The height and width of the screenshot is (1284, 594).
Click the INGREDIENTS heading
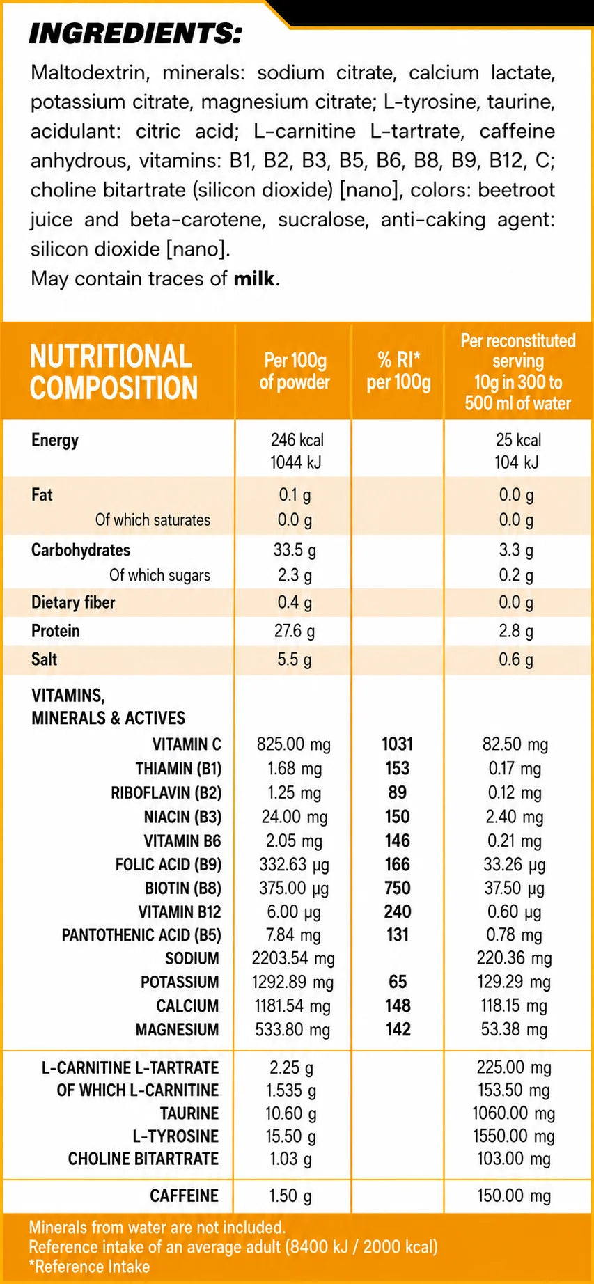click(x=135, y=33)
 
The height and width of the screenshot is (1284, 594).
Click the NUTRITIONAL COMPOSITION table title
click(x=114, y=372)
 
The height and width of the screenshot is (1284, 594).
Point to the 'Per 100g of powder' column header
click(x=295, y=370)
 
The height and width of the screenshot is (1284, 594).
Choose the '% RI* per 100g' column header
click(x=398, y=370)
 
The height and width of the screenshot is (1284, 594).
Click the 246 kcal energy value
click(x=297, y=439)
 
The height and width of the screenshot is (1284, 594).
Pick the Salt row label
click(x=45, y=659)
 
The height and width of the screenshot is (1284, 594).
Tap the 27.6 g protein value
click(x=295, y=631)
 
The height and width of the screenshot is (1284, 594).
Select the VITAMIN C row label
click(x=187, y=744)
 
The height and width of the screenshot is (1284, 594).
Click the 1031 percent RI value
click(x=398, y=744)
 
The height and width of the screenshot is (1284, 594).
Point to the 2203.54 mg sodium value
click(x=293, y=958)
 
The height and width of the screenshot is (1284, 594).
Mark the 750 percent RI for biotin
click(x=398, y=888)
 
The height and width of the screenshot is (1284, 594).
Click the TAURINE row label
click(x=189, y=1113)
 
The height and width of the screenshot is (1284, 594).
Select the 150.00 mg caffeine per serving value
click(x=514, y=1196)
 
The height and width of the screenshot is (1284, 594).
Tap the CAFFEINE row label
click(x=185, y=1196)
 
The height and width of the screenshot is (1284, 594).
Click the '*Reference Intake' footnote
click(x=89, y=1266)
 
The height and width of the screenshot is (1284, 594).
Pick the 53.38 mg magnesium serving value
click(x=514, y=1029)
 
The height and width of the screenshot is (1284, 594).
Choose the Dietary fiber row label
click(x=73, y=602)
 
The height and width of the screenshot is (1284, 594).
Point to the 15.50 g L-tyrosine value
click(x=291, y=1136)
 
